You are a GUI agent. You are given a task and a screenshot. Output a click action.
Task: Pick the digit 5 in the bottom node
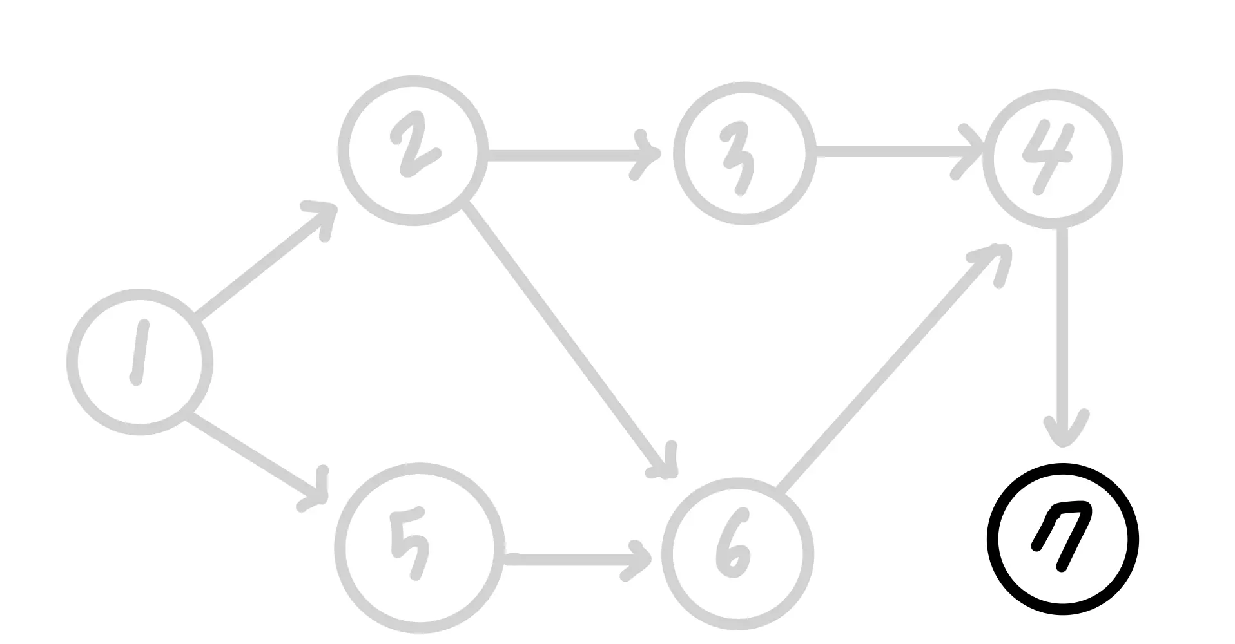point(410,542)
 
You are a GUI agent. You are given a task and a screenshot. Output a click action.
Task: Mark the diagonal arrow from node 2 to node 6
point(567,338)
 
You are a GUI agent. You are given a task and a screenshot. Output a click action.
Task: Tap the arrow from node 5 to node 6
point(574,559)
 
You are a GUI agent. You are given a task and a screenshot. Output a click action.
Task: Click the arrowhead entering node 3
point(648,155)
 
